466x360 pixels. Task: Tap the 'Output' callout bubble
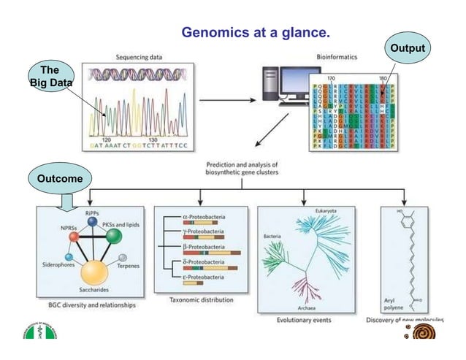click(x=408, y=47)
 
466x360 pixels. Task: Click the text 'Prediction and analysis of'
click(x=241, y=164)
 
